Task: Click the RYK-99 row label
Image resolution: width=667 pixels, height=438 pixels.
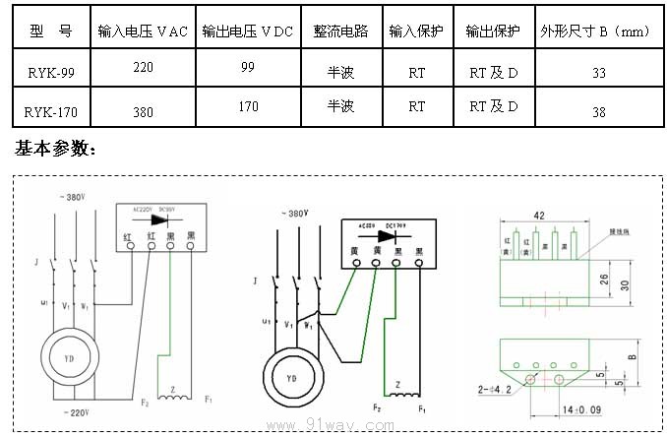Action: click(x=48, y=73)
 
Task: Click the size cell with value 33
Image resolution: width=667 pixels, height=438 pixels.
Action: click(x=599, y=74)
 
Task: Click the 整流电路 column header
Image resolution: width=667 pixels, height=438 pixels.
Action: click(x=340, y=31)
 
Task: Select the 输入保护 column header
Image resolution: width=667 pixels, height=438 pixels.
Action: click(x=416, y=31)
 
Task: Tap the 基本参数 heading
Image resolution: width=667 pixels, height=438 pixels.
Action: click(x=55, y=150)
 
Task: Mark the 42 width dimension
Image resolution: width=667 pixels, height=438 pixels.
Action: click(x=538, y=215)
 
